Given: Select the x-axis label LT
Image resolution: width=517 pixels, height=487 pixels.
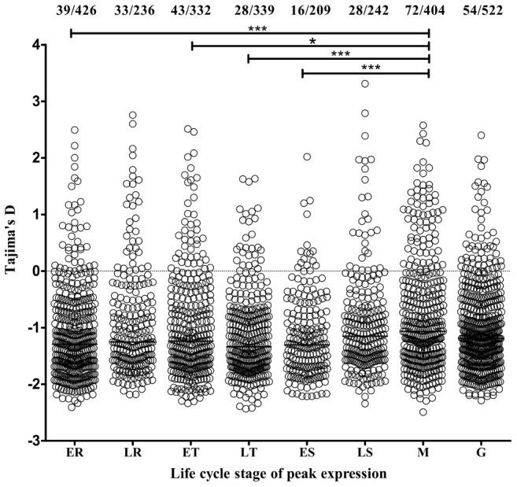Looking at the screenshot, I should click(249, 453).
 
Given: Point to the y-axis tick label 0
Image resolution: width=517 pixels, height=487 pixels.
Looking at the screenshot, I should click(36, 271).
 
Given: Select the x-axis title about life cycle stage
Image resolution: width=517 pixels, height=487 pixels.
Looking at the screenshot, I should click(279, 475).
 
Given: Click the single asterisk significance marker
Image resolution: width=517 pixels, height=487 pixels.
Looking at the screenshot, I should click(312, 41).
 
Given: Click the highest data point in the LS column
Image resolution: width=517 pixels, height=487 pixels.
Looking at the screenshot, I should click(365, 83).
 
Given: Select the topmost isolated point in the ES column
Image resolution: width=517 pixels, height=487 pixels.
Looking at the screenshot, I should click(307, 157).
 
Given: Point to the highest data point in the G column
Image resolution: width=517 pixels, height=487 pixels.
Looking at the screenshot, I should click(481, 135).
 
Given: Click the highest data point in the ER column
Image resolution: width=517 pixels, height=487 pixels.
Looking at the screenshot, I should click(75, 130).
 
